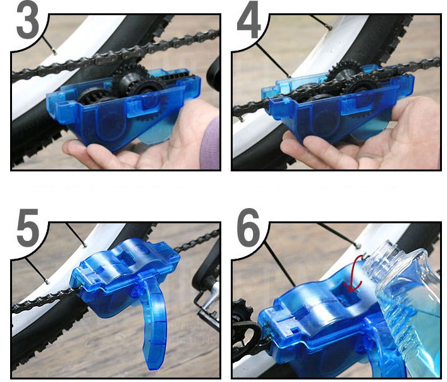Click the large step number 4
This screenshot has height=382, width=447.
pos(248,21)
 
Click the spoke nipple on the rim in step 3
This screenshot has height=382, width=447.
pos(54,51)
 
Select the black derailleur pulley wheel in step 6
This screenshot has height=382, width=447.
pos(242,311)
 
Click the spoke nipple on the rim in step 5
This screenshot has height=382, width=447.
pos(85,244)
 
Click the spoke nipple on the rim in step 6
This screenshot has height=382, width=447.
pos(358,245)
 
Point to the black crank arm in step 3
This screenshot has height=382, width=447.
pos(214,71)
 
